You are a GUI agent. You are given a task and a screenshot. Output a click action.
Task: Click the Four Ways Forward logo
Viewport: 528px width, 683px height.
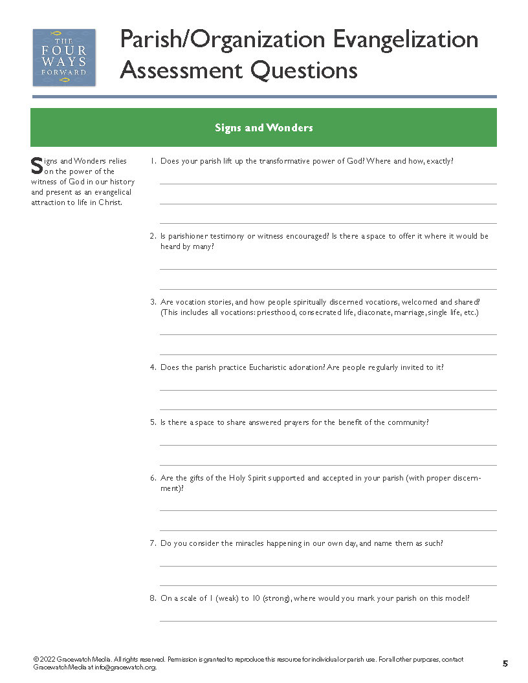pyautogui.click(x=64, y=57)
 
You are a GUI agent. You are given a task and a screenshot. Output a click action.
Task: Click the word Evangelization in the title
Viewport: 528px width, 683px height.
pyautogui.click(x=405, y=39)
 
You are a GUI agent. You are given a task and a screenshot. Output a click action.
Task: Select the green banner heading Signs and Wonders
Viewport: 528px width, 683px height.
pyautogui.click(x=263, y=127)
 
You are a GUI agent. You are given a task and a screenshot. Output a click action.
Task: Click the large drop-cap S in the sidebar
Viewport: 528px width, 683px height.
pyautogui.click(x=36, y=166)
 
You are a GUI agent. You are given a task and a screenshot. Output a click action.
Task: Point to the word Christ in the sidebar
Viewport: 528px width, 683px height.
pyautogui.click(x=109, y=202)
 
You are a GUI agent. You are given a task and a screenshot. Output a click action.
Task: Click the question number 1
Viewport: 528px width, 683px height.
pyautogui.click(x=153, y=161)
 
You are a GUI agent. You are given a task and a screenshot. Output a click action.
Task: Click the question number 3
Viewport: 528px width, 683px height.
pyautogui.click(x=153, y=302)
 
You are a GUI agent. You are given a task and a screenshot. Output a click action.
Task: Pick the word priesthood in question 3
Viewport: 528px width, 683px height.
pyautogui.click(x=274, y=312)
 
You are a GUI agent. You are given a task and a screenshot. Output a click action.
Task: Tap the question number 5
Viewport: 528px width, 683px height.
pyautogui.click(x=153, y=422)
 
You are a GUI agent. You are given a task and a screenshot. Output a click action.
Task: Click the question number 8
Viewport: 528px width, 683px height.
pyautogui.click(x=153, y=598)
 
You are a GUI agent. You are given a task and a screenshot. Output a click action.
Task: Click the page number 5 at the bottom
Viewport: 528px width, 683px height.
pyautogui.click(x=505, y=663)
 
